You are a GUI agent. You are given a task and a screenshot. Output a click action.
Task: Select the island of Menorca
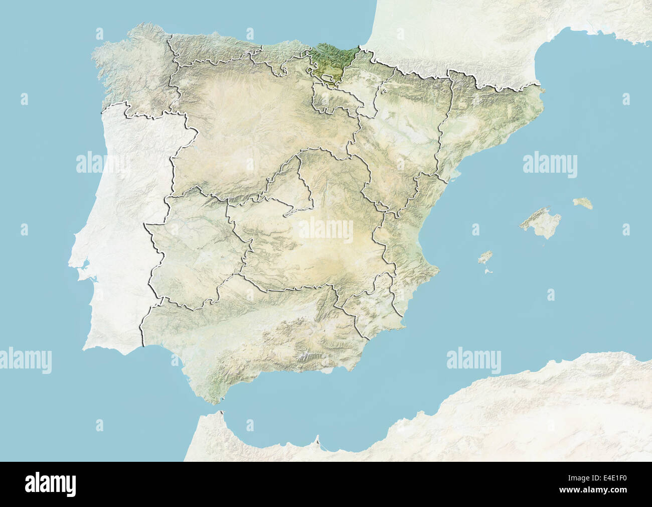[x=583, y=203]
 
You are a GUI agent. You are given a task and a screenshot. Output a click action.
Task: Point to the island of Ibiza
[x=484, y=258]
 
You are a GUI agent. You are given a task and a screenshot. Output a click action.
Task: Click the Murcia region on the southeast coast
[x=371, y=306]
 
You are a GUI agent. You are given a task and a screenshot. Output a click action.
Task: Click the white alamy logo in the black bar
[x=50, y=484]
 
